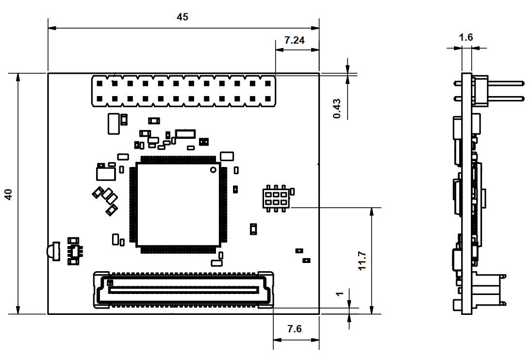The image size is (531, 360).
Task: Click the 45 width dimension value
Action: [183, 17]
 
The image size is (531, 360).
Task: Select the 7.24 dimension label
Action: [295, 41]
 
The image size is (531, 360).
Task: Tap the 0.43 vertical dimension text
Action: [337, 109]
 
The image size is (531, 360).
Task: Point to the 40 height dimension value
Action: [8, 194]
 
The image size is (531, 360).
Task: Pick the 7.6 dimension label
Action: [294, 329]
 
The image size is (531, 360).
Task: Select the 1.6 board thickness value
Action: [466, 37]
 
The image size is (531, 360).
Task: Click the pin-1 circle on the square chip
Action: [213, 170]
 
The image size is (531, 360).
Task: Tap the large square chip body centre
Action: [178, 204]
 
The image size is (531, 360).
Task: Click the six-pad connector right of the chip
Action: [276, 197]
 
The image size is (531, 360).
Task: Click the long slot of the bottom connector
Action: [183, 290]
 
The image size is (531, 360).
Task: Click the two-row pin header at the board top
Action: [183, 91]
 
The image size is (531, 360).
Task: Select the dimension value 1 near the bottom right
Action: [340, 294]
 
